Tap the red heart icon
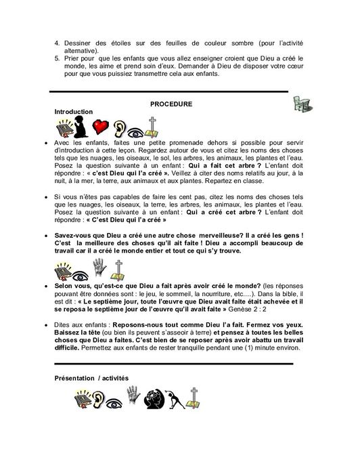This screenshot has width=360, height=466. pos(102,128)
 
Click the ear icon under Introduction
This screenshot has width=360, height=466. pos(120,128)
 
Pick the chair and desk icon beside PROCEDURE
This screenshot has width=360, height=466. pos(296,103)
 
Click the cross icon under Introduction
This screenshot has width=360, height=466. pos(154,128)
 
